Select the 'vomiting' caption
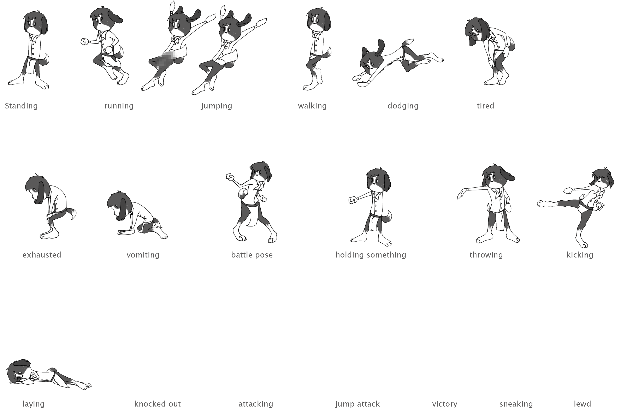[x=143, y=255]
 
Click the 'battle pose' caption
[x=252, y=255]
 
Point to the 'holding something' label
[x=371, y=255]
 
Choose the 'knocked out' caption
[x=157, y=404]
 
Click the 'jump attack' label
[x=357, y=404]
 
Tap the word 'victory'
[x=445, y=404]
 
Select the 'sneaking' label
[x=516, y=404]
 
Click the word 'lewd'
[x=582, y=404]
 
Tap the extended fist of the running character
[x=84, y=42]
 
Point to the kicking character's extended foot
[x=543, y=203]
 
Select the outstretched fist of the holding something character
[x=353, y=200]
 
